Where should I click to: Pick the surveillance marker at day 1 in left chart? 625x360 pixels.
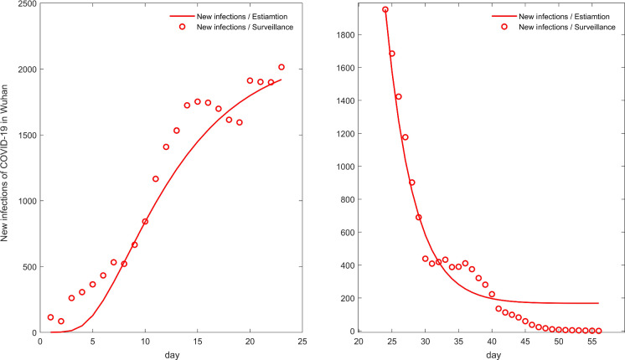click(50, 317)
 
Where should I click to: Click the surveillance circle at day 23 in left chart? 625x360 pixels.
click(282, 67)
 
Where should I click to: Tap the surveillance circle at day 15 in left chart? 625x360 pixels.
click(198, 102)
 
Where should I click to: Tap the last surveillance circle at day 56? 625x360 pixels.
click(598, 331)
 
